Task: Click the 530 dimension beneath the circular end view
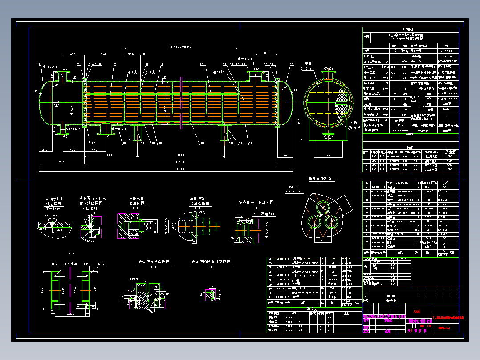tap(328, 155)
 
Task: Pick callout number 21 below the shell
tap(202, 143)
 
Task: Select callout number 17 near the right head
tap(292, 65)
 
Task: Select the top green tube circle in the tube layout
tap(321, 206)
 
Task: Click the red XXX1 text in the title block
tap(417, 311)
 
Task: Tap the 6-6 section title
tap(72, 254)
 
